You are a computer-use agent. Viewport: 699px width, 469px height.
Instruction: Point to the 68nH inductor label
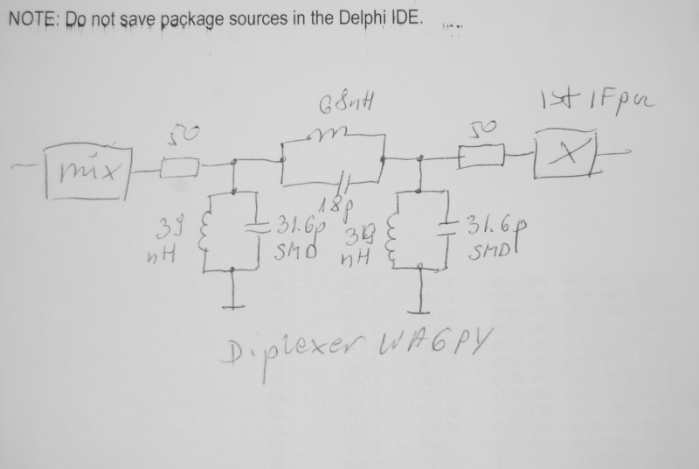click(336, 108)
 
